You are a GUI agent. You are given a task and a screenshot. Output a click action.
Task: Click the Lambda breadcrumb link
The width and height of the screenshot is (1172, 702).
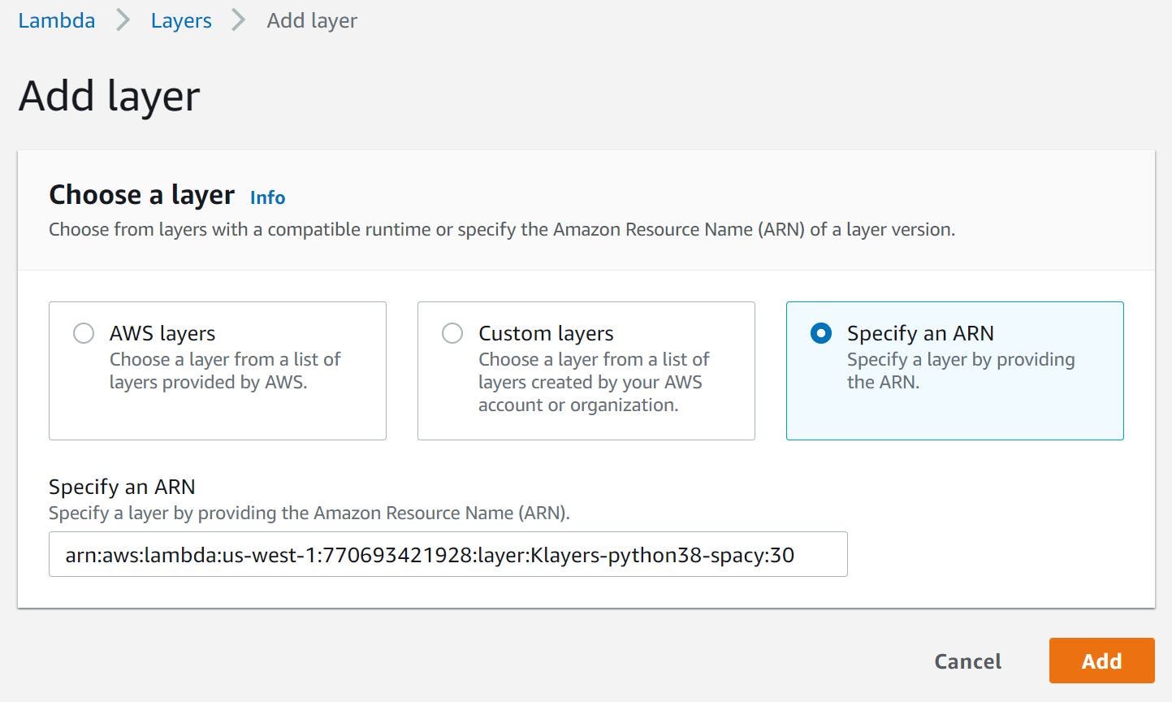(56, 20)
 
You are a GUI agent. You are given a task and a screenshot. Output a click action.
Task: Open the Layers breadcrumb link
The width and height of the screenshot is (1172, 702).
(181, 20)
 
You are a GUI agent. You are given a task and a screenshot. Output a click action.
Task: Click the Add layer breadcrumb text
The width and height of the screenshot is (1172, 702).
(312, 20)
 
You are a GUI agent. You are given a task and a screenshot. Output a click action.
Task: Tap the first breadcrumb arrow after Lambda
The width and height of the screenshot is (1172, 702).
(123, 20)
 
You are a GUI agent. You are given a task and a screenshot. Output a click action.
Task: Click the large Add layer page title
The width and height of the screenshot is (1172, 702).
(109, 96)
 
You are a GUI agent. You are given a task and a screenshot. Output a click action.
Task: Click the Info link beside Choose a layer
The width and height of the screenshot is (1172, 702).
(267, 197)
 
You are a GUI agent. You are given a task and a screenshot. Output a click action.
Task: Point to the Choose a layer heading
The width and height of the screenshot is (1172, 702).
(141, 195)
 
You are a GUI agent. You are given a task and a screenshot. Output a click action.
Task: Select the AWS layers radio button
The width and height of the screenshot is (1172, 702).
(84, 333)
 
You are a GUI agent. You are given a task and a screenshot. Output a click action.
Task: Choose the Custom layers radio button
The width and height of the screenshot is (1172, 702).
(452, 333)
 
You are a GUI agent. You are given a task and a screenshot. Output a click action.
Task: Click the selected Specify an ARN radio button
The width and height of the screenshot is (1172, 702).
(821, 333)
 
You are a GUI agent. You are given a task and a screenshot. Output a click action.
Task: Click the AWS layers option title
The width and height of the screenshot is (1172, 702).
(162, 333)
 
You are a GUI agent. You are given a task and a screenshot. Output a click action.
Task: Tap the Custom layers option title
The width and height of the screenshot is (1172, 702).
(546, 333)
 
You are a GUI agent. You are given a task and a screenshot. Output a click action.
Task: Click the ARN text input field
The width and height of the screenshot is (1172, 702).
(448, 554)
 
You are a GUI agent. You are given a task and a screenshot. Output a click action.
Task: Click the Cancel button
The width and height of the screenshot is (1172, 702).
(967, 661)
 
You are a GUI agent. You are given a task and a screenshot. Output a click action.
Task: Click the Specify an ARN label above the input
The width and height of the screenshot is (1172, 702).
(122, 487)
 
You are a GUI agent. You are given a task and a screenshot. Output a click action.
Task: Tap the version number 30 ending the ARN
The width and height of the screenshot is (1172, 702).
(782, 555)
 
